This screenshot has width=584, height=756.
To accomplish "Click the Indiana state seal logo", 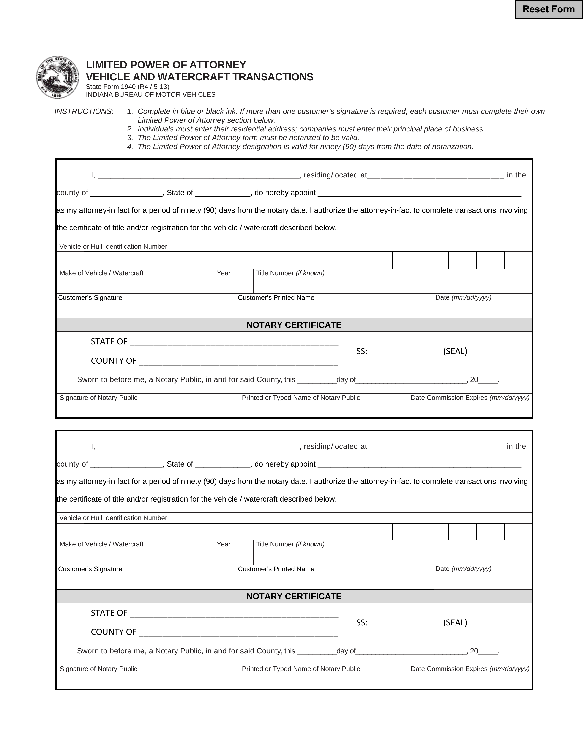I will coord(57,77).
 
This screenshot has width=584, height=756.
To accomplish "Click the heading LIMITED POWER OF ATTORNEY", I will coord(166,65).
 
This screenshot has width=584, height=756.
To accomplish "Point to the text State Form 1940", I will coord(127,87).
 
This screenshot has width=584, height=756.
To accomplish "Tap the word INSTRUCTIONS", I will coord(84,112).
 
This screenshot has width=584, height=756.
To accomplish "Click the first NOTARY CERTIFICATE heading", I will coord(294,325).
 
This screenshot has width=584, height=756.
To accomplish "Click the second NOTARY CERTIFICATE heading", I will coord(294,596).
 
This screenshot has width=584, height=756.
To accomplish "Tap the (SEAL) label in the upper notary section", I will coord(455,351).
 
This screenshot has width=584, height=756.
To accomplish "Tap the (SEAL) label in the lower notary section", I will coord(455,622).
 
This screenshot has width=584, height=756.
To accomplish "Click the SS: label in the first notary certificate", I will coord(362,351).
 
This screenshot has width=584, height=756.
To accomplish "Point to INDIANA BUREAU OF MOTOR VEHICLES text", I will coord(151,95).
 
